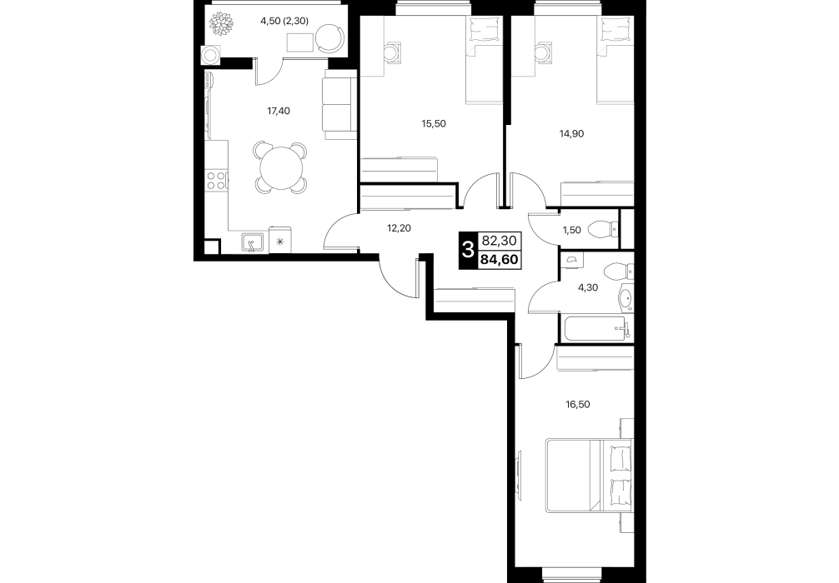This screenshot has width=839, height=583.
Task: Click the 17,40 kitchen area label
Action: click(279, 111)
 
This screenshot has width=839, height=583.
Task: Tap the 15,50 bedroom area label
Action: click(434, 123)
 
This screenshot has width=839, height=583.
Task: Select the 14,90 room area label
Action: click(571, 133)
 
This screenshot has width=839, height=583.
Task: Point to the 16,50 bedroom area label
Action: click(578, 405)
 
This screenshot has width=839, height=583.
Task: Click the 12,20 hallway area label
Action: click(399, 228)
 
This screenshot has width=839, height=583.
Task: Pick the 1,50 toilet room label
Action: click(571, 231)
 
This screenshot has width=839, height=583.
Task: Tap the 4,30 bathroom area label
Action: click(588, 287)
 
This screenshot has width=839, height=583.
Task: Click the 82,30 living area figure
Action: click(500, 241)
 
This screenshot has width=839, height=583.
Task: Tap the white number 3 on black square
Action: click(468, 250)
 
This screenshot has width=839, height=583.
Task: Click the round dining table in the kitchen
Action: click(281, 167)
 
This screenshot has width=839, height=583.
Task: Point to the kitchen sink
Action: click(253, 242)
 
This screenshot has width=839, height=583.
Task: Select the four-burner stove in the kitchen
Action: click(215, 180)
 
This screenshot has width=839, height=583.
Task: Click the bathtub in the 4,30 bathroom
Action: click(595, 327)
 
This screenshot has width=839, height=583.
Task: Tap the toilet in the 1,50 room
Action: click(604, 231)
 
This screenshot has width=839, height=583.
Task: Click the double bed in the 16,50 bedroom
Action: click(589, 476)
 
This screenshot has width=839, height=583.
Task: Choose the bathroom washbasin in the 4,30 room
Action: click(625, 300)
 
